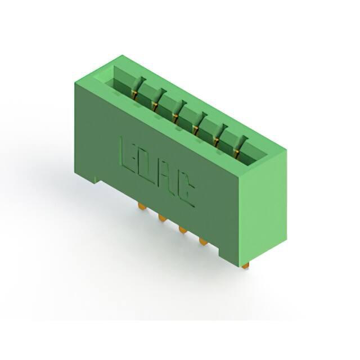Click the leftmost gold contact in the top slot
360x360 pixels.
(x=134, y=94)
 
